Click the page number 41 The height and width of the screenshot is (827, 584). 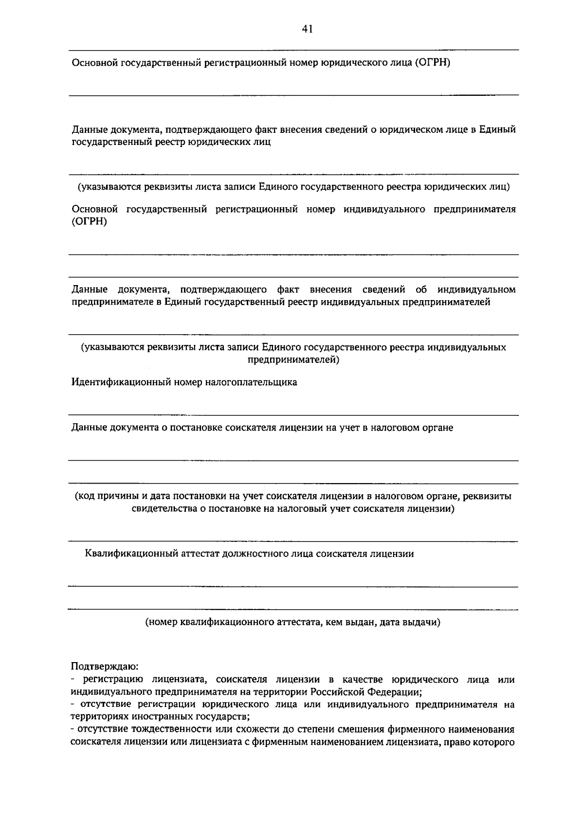[307, 29]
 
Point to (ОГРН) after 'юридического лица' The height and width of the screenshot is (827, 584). [432, 63]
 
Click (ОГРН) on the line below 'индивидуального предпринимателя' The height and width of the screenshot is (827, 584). [89, 222]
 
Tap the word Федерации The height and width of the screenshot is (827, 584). [394, 692]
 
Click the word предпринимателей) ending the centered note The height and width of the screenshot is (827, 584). [293, 360]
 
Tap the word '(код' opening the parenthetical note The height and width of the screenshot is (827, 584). [84, 497]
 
